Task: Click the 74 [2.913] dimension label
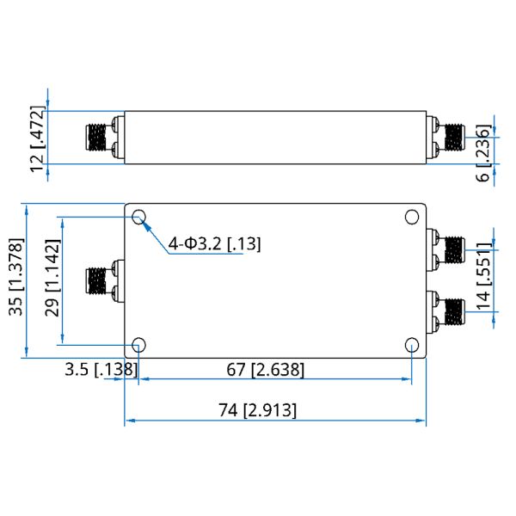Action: click(x=257, y=410)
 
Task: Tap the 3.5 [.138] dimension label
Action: click(x=101, y=370)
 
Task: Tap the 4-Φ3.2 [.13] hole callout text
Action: click(x=214, y=244)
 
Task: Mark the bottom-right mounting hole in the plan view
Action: click(x=412, y=345)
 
